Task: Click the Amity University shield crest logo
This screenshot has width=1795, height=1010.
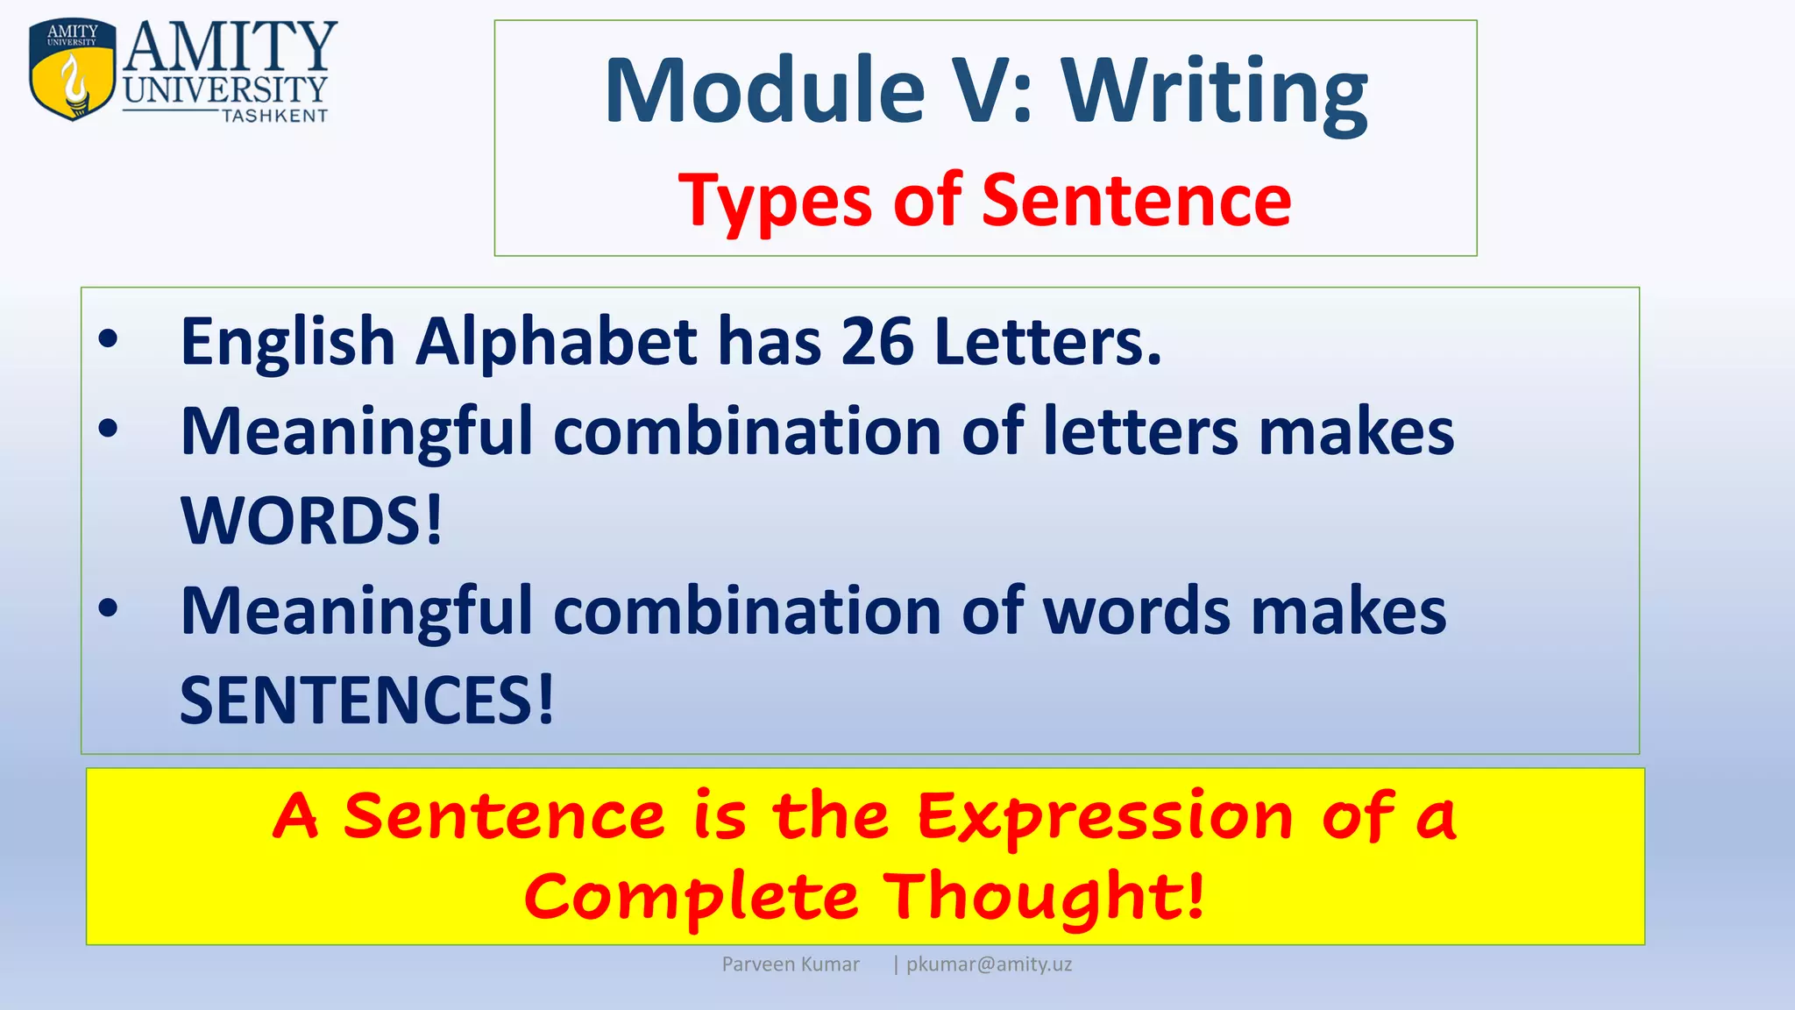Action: [x=72, y=69]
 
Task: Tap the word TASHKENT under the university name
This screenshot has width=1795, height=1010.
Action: [x=274, y=117]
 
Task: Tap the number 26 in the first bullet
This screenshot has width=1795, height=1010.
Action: [x=877, y=341]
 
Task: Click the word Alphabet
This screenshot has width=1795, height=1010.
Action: [x=557, y=341]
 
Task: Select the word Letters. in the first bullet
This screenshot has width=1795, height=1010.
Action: [x=1047, y=341]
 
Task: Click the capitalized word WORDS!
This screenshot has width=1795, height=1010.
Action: [x=311, y=521]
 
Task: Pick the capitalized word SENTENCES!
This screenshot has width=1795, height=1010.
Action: [x=366, y=700]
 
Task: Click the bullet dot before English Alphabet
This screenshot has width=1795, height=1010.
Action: [x=108, y=340]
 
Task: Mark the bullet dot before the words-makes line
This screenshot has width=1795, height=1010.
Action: [x=108, y=608]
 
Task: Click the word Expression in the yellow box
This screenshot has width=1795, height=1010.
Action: [x=1105, y=817]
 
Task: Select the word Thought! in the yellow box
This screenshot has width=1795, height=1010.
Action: [x=1043, y=897]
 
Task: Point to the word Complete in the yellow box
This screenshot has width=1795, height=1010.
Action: [x=691, y=897]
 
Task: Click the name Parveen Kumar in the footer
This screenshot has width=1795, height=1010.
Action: [x=790, y=964]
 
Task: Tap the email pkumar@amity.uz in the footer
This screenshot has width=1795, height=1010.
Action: [x=989, y=964]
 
